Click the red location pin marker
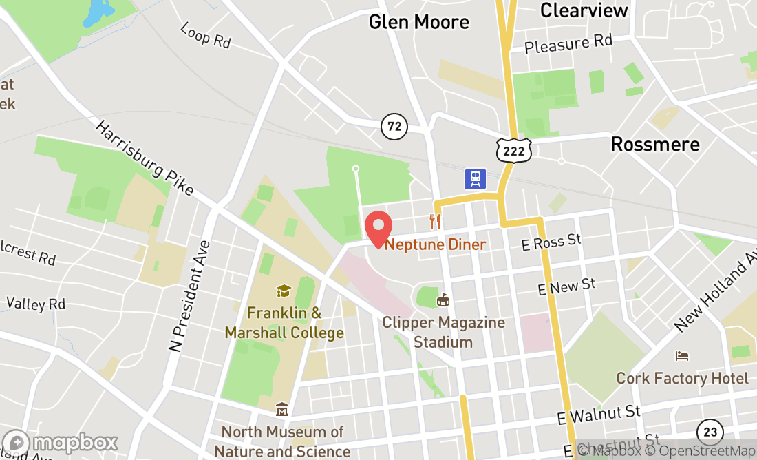tap(378, 229)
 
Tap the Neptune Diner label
tap(435, 244)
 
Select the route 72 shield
tap(394, 126)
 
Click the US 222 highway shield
tap(514, 150)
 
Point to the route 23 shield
tap(710, 432)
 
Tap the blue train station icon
tap(476, 179)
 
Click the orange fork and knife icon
tap(434, 221)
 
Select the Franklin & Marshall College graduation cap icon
tap(284, 291)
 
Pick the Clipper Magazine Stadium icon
tap(443, 300)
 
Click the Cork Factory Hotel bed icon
tap(682, 356)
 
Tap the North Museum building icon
tap(281, 410)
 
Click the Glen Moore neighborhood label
tap(419, 22)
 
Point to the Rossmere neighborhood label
tap(655, 145)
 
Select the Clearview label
tap(584, 10)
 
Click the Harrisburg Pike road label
tap(144, 158)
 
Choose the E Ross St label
tap(551, 242)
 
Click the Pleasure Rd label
tap(568, 43)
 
